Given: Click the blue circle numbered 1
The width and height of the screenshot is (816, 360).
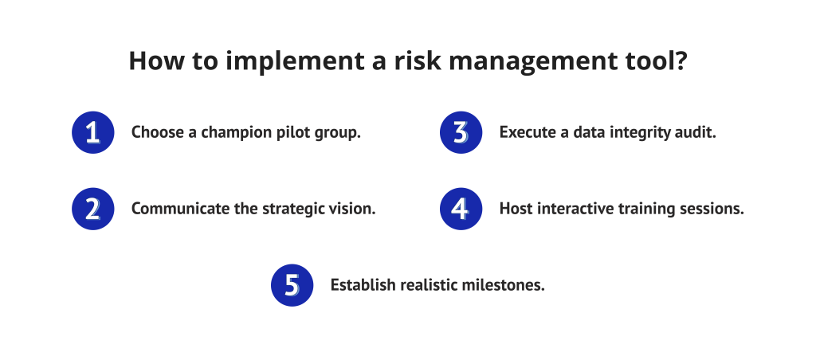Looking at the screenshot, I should (92, 131).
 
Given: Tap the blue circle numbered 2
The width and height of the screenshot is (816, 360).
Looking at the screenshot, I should (92, 209).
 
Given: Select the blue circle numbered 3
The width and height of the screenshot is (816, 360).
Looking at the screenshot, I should (461, 131).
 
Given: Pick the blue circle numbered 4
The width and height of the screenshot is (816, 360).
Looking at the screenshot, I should (461, 209).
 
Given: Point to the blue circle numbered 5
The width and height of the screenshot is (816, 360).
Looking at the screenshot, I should (292, 285).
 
